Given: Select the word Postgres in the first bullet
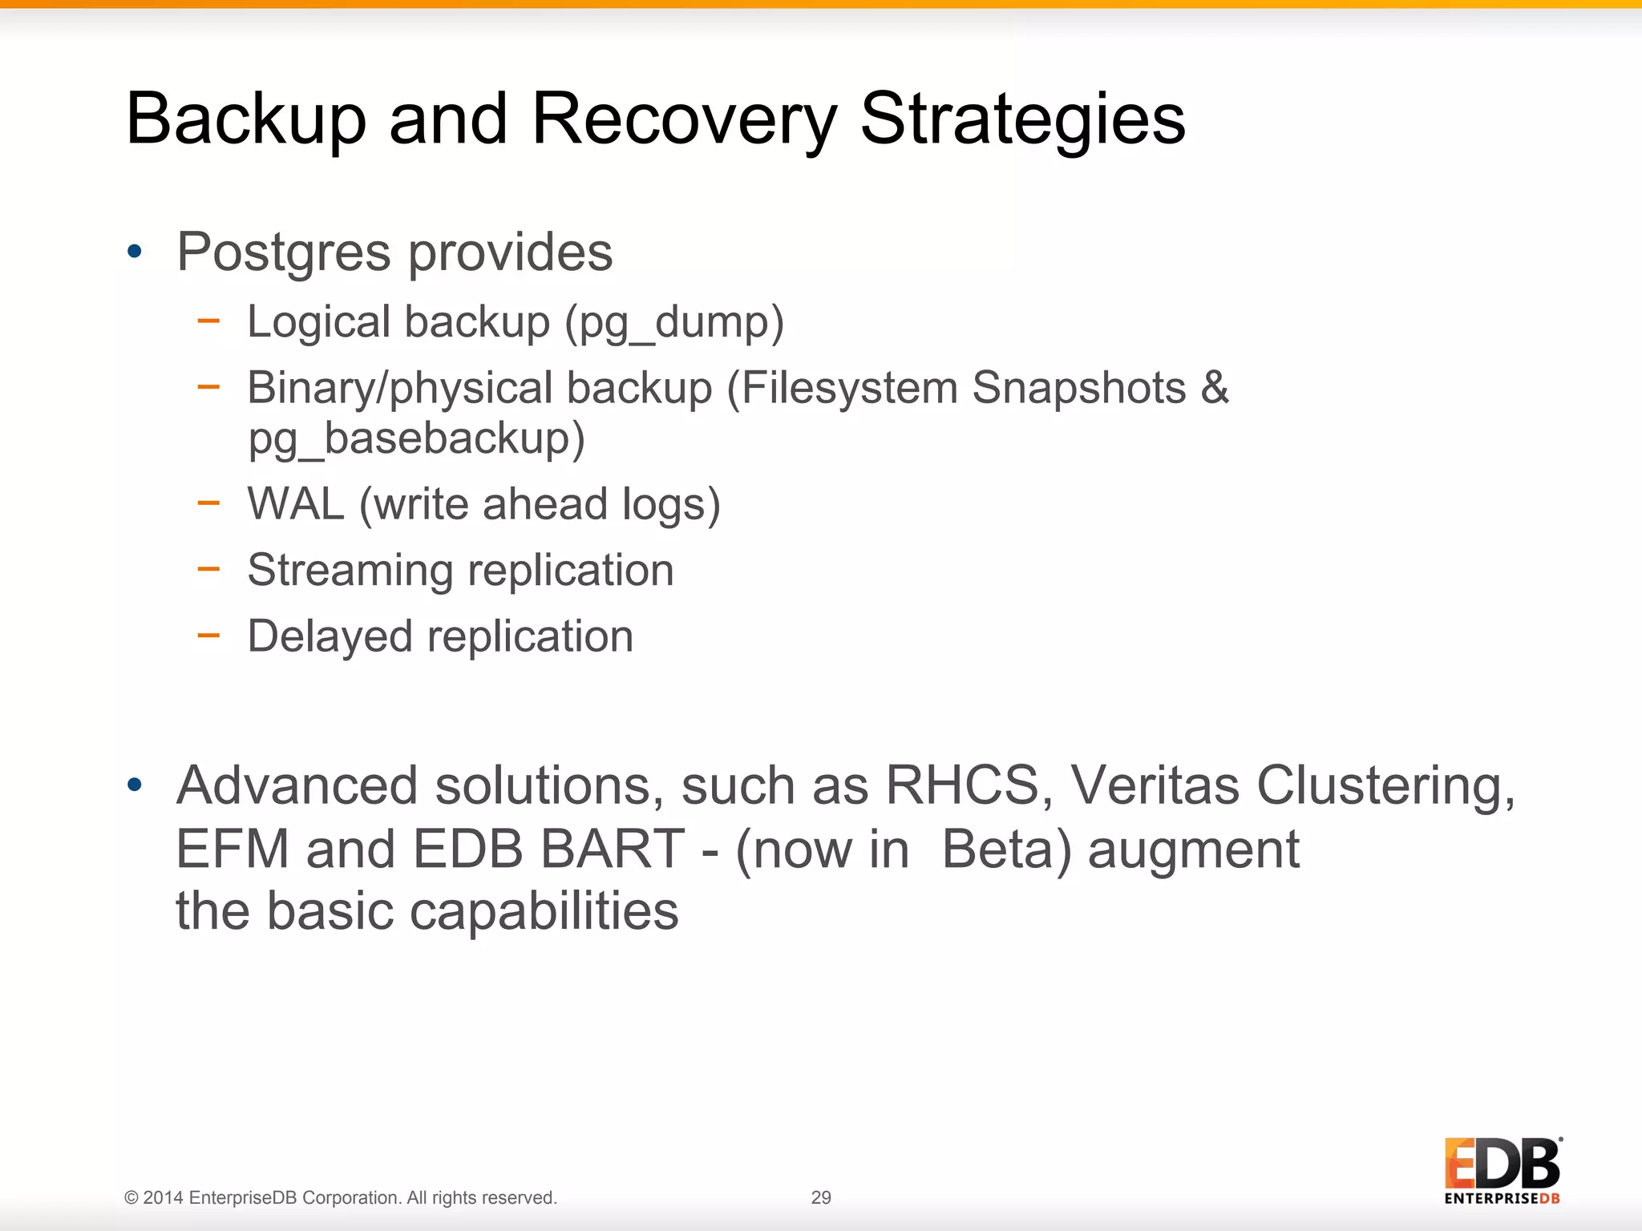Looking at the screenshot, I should (283, 252).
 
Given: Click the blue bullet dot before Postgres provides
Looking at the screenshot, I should (135, 252).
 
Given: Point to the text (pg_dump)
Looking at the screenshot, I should (673, 323).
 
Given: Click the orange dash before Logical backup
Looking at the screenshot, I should (208, 321).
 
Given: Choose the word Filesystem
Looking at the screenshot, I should (849, 389).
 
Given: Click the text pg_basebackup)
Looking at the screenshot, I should (416, 440).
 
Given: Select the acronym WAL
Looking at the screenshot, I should (295, 504).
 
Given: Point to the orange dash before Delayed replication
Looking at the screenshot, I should (208, 636).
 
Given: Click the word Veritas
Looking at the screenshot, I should (1155, 785).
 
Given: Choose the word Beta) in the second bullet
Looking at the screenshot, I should (1006, 849).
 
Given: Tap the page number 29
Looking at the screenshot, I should (821, 1197).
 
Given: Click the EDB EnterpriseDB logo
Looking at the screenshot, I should (1502, 1171).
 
